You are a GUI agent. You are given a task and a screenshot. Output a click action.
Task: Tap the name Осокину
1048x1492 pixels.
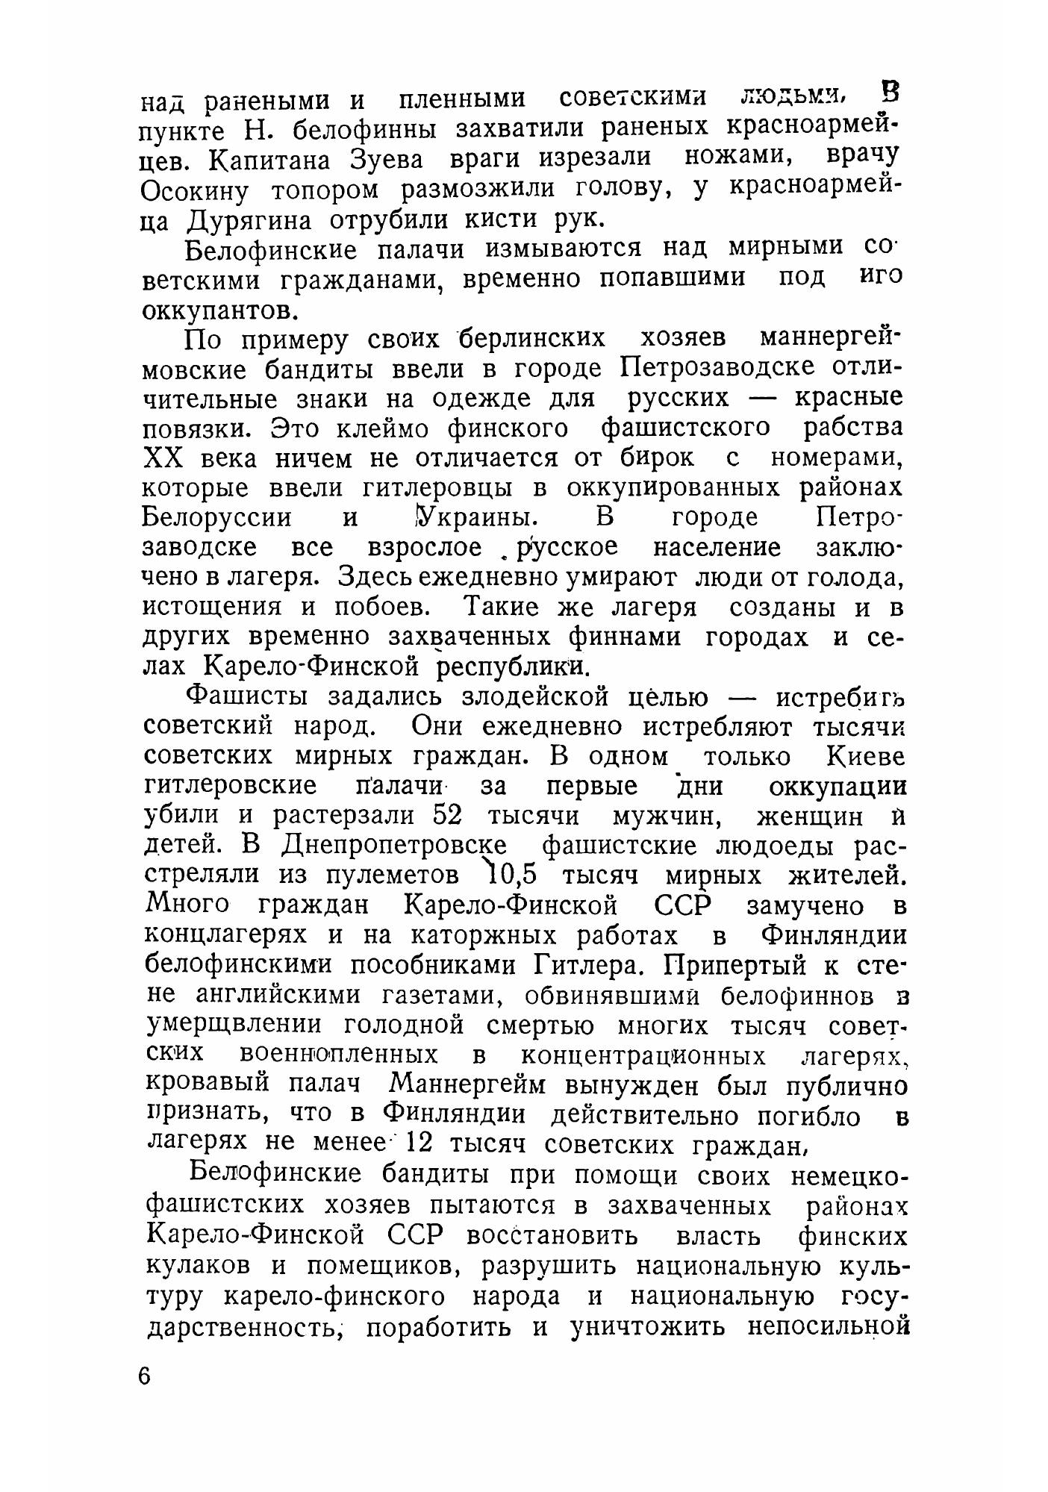click(x=195, y=191)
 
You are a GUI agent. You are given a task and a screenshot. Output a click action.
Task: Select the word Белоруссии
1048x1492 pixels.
click(x=216, y=518)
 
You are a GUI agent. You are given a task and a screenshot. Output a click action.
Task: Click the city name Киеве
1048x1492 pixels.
click(x=866, y=757)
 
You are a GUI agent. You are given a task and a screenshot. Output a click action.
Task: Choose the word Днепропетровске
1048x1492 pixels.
click(x=394, y=846)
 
